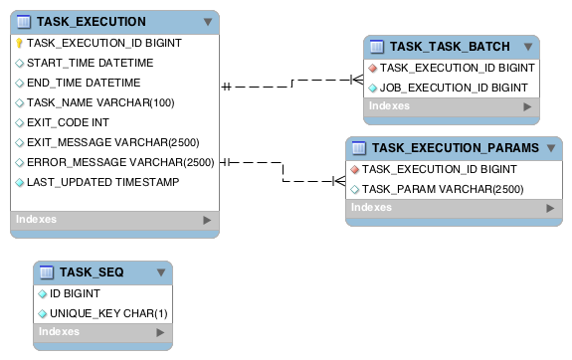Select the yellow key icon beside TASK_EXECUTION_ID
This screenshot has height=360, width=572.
pyautogui.click(x=19, y=43)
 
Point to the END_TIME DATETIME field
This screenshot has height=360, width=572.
pyautogui.click(x=84, y=83)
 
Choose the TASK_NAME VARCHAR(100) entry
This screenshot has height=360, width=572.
pyautogui.click(x=99, y=102)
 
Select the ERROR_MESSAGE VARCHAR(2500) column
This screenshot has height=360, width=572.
pyautogui.click(x=120, y=162)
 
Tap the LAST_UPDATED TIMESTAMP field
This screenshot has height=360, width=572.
pyautogui.click(x=102, y=182)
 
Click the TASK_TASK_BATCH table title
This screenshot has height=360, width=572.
pyautogui.click(x=450, y=47)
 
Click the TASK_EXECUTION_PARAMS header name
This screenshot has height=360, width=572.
pyautogui.click(x=456, y=147)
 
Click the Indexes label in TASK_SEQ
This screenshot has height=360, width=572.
pyautogui.click(x=59, y=332)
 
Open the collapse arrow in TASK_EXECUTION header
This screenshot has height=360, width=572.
pyautogui.click(x=207, y=21)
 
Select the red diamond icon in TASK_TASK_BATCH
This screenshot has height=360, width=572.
pyautogui.click(x=373, y=69)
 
